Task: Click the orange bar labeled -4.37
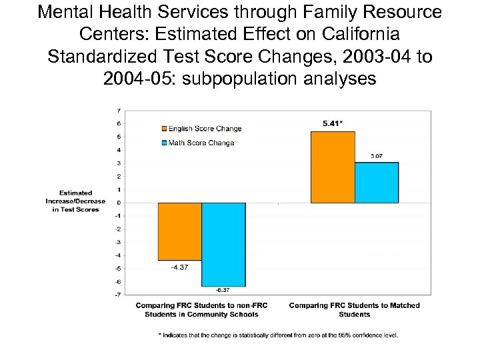[179, 231]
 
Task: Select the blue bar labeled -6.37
[223, 244]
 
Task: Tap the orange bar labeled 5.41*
[333, 167]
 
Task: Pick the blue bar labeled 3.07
[377, 183]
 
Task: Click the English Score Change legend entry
[204, 129]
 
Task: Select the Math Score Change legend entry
[201, 143]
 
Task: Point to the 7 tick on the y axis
[118, 111]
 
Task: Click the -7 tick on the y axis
[117, 294]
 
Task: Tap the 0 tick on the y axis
[118, 203]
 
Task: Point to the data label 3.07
[377, 156]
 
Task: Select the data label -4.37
[179, 267]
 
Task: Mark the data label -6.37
[223, 290]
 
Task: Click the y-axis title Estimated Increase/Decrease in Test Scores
[75, 201]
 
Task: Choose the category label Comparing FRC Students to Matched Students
[354, 310]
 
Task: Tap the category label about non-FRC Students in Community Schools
[201, 310]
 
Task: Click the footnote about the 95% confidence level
[278, 335]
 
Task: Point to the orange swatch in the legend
[163, 129]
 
